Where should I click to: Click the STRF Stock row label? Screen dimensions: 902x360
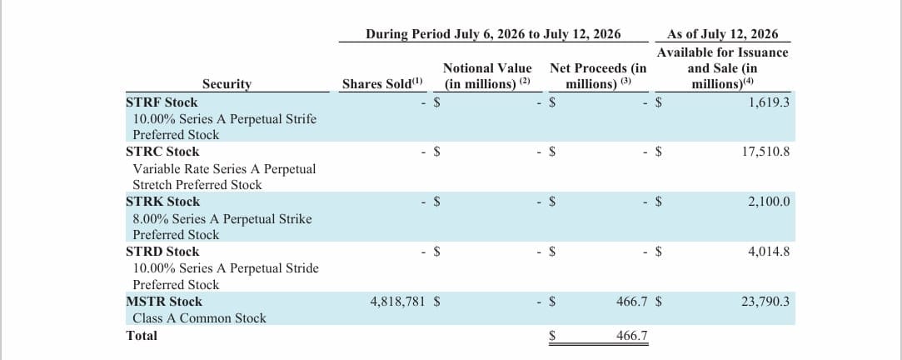[162, 102]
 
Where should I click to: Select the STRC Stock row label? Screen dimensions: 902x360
[162, 152]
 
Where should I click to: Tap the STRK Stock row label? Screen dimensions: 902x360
[162, 202]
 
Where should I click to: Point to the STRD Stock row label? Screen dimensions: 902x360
[162, 252]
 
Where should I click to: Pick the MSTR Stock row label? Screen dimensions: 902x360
[164, 302]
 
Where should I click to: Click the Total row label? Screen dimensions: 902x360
[142, 335]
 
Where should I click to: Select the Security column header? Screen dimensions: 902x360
[227, 84]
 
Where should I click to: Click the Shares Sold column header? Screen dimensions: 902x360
[382, 83]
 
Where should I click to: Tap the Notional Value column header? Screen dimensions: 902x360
[487, 76]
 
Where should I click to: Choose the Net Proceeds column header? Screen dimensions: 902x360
[598, 76]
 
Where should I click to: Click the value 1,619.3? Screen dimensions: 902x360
[769, 102]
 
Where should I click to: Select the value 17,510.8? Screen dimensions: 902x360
[765, 152]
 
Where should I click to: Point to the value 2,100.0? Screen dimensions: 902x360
[769, 202]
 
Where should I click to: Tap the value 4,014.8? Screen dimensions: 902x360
[769, 252]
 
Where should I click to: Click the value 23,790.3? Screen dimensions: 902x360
[765, 302]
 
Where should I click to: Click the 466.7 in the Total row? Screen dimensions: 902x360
[631, 335]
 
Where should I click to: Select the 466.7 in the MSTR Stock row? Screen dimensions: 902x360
[631, 302]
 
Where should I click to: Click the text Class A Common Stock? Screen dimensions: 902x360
[200, 318]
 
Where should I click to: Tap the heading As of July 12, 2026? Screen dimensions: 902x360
[723, 34]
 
